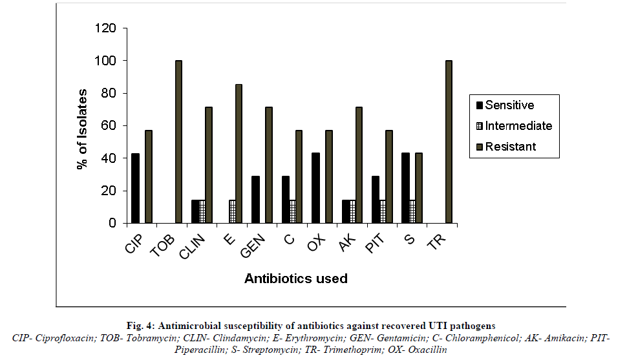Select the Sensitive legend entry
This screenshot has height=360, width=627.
point(509,105)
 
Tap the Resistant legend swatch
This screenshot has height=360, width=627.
point(479,147)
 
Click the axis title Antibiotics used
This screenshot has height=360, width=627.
point(295,279)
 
